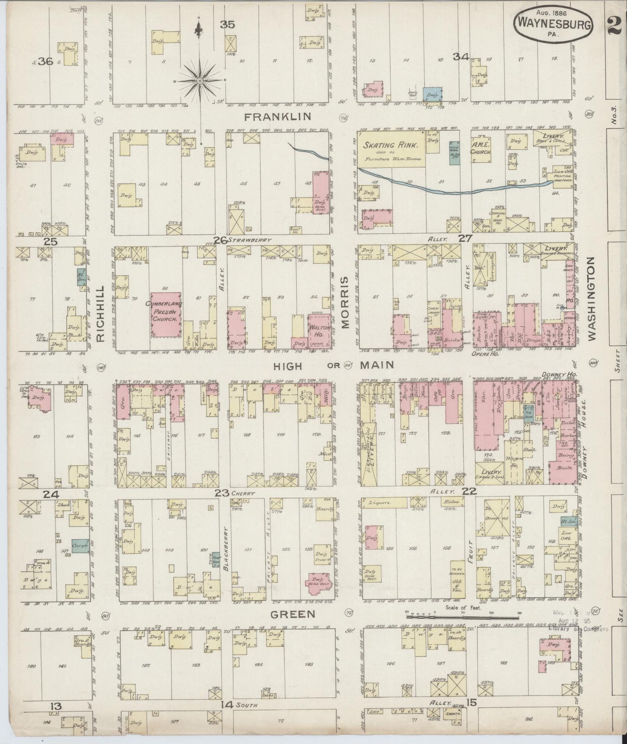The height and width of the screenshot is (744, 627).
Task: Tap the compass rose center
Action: point(199,81)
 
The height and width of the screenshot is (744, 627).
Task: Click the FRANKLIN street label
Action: point(278,116)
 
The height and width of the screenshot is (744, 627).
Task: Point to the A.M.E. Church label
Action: point(480,149)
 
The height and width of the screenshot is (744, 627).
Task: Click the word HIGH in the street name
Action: point(287,366)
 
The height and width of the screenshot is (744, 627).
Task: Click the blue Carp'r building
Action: point(81,546)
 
